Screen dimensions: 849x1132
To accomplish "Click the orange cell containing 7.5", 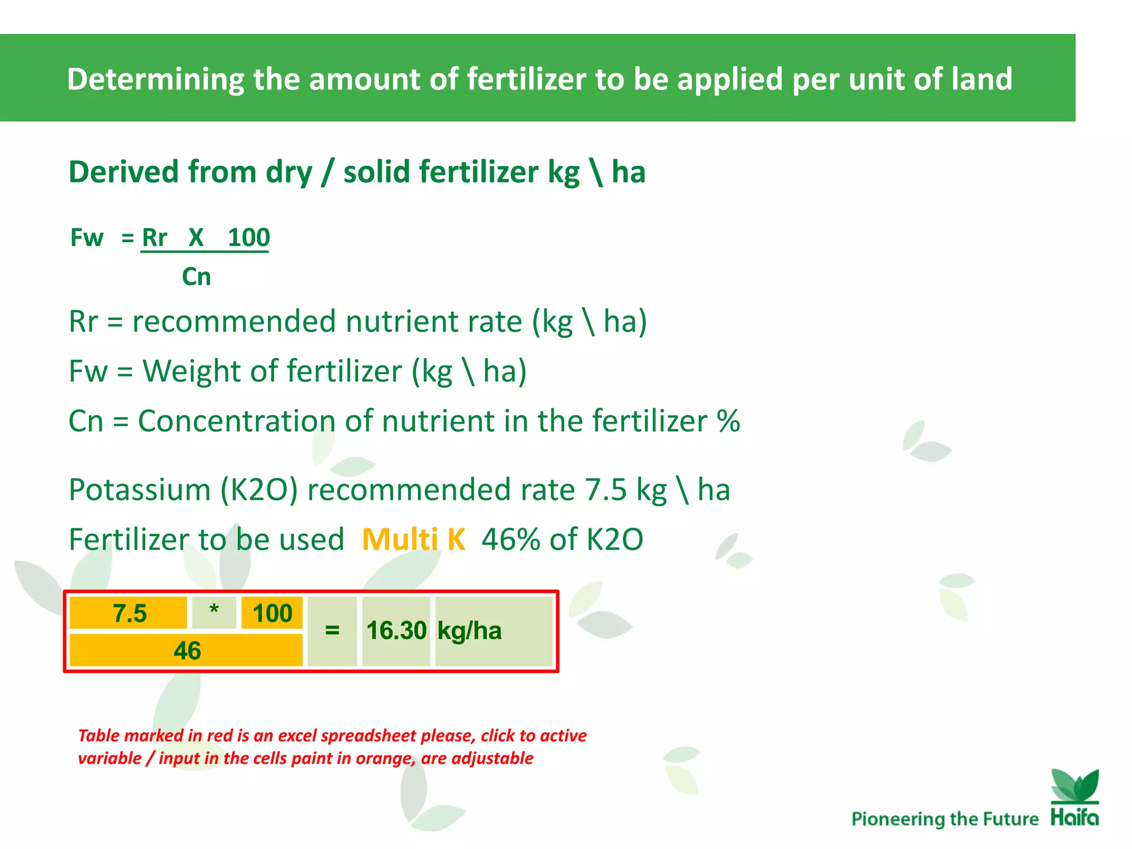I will (x=128, y=614).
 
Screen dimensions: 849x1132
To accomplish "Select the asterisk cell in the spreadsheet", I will (x=214, y=612).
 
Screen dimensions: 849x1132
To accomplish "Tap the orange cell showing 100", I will (x=272, y=614).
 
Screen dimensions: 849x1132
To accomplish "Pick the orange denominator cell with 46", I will (x=186, y=651).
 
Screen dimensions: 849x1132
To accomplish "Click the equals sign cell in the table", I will (x=332, y=631).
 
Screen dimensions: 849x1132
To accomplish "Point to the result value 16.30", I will (x=396, y=631).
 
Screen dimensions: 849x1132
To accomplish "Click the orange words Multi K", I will (x=413, y=539).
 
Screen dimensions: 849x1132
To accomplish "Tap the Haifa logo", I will (x=1075, y=798).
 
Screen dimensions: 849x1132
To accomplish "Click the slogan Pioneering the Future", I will (x=945, y=819).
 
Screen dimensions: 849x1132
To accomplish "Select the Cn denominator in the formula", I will (x=196, y=276).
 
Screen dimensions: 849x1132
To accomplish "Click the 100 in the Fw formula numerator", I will (x=249, y=238).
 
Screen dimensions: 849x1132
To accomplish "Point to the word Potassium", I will (x=140, y=490).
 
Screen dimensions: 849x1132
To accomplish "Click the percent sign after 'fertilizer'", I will (x=728, y=421).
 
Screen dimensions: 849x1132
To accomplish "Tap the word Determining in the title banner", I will (x=155, y=79).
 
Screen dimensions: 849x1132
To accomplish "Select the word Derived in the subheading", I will (x=123, y=172).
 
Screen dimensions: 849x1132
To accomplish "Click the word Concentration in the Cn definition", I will (x=237, y=421).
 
